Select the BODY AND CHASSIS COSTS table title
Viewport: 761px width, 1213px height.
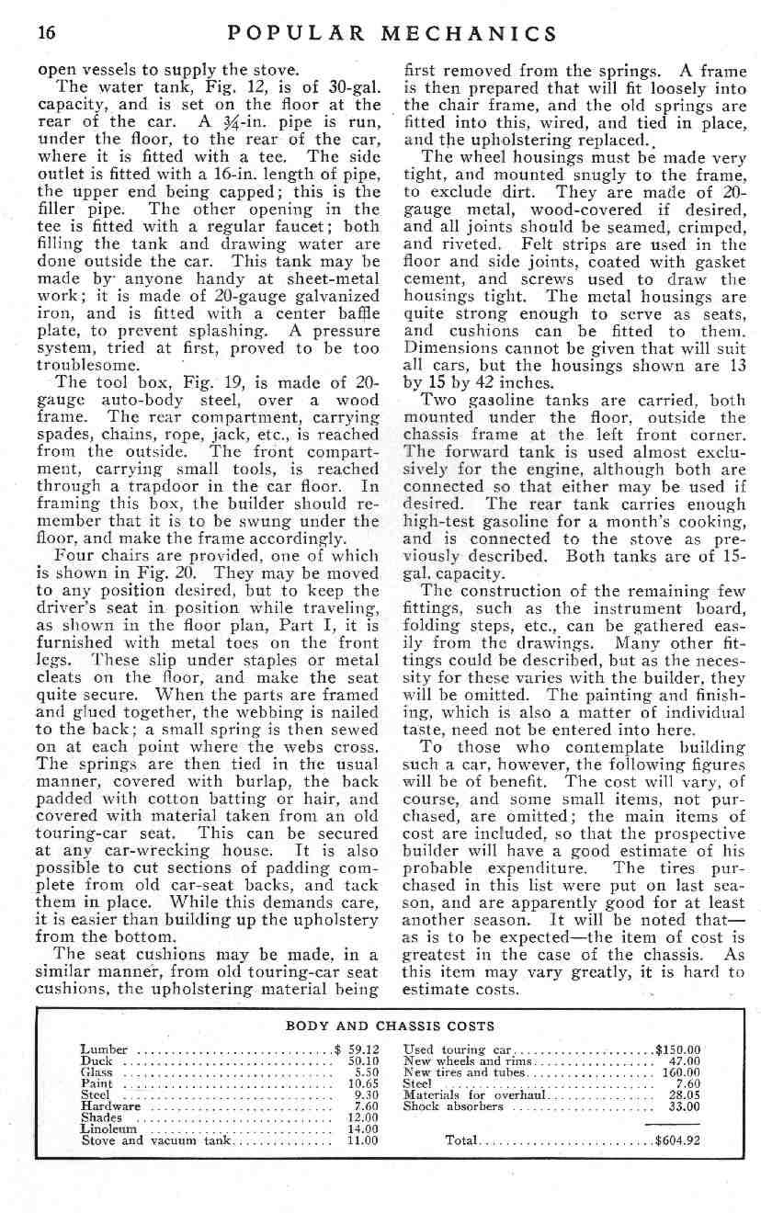point(391,1026)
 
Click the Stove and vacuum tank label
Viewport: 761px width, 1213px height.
point(154,1141)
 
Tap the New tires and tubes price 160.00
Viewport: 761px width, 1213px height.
point(681,1071)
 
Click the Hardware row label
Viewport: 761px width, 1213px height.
point(110,1106)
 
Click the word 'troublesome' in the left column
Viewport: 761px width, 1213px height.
point(88,365)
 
